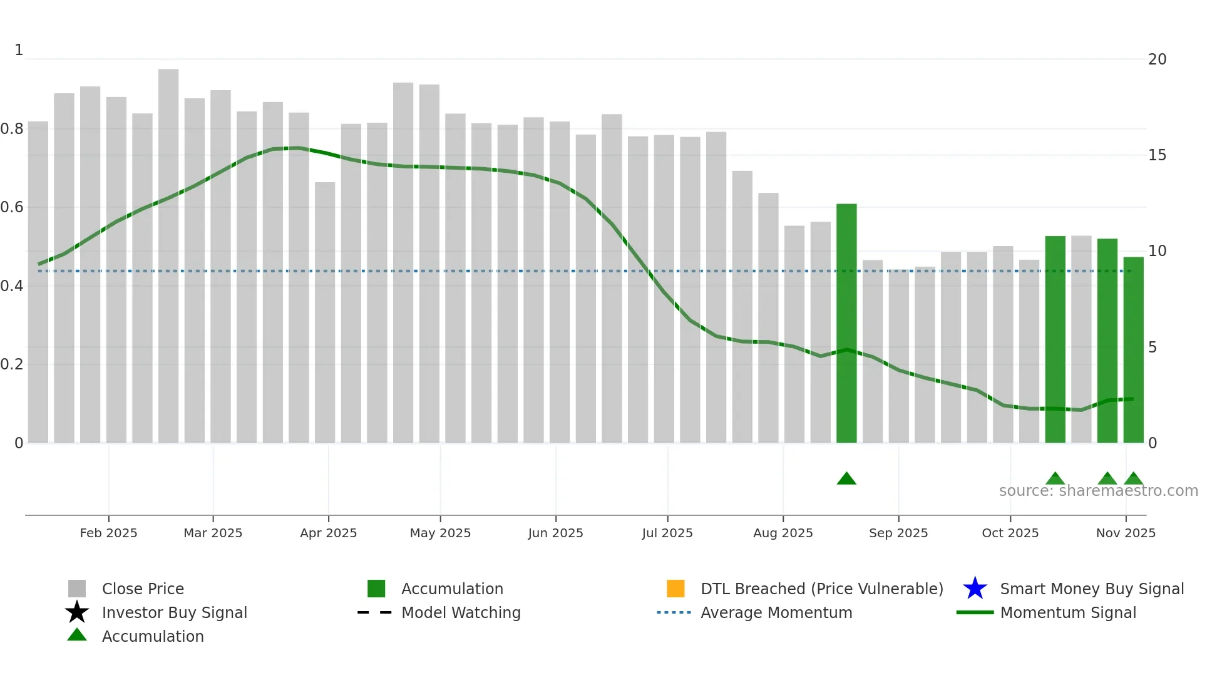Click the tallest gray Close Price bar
(x=168, y=250)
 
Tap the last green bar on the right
(x=1133, y=351)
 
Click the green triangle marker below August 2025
(x=846, y=479)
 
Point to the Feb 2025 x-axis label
(x=108, y=533)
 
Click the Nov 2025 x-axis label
(x=1125, y=533)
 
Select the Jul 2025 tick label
(x=667, y=533)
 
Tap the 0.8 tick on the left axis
(x=12, y=129)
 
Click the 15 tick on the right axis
(x=1157, y=155)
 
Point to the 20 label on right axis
(x=1157, y=59)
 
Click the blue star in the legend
(x=975, y=589)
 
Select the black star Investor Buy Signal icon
(x=77, y=612)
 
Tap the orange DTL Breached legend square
(x=675, y=589)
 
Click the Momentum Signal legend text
(x=1067, y=612)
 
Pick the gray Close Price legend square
(x=77, y=589)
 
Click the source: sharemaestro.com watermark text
(x=1098, y=491)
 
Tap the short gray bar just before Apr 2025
(x=325, y=313)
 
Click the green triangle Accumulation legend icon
(x=77, y=635)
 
